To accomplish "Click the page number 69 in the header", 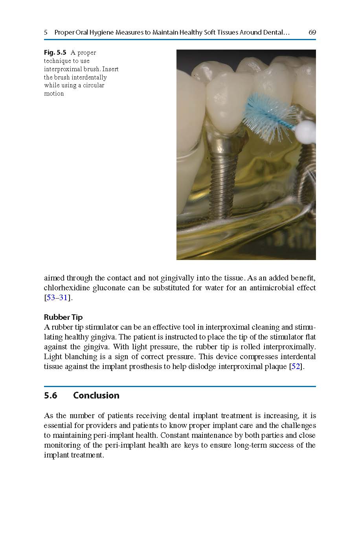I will coord(312,32).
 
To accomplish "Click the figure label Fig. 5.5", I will coord(55,53).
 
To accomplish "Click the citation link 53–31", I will coord(57,297).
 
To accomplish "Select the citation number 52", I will coord(296,367).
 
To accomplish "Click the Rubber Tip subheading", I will coord(63,317).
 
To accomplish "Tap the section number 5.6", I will coord(51,395).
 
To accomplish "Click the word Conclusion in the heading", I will coord(96,395).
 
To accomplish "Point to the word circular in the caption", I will coord(94,85).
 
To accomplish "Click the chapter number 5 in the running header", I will coord(46,32).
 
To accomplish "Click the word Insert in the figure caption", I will coord(110,69).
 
